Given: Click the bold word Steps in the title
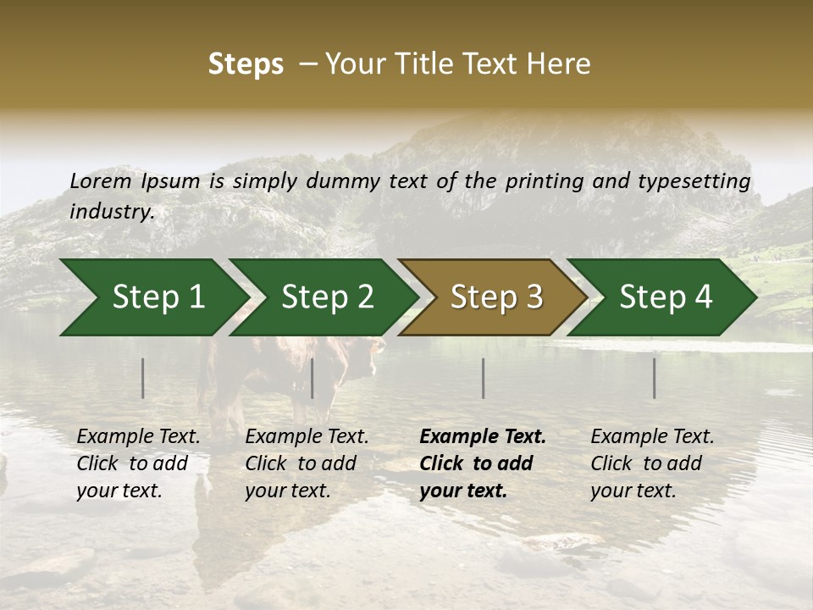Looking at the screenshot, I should (x=246, y=64).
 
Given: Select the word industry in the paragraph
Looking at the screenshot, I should (x=110, y=212).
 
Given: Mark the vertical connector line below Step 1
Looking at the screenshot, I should (x=143, y=378).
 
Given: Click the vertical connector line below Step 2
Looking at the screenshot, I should (x=312, y=378).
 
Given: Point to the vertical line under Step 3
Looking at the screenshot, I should (x=484, y=378).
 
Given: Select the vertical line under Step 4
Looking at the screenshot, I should (x=655, y=378).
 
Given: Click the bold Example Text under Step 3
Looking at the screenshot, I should (x=483, y=437).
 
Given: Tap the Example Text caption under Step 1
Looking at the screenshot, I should (x=138, y=437).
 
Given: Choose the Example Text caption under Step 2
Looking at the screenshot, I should (x=307, y=437).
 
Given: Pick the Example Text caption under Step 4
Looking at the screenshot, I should (x=652, y=437).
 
